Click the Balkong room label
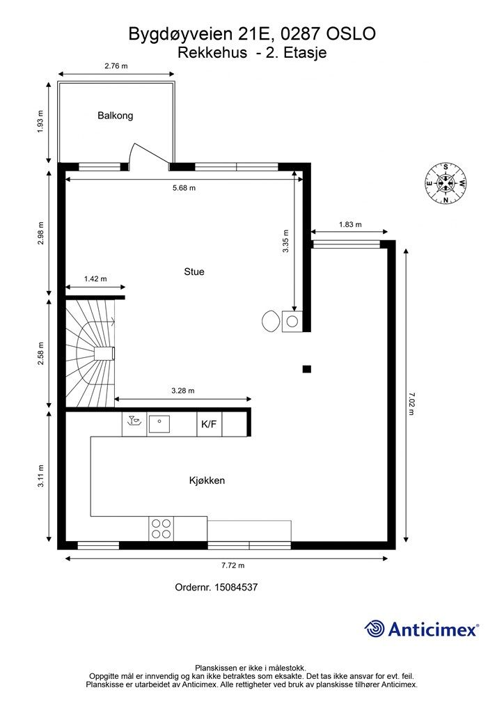pos(116,116)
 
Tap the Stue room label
pos(194,272)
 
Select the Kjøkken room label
pos(207,480)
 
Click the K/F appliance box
pos(209,424)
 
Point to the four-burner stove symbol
pos(162,529)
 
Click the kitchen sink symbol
pos(159,424)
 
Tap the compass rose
pos(446,183)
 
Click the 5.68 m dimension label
pos(184,188)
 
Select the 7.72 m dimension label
pos(233,565)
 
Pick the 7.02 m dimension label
pos(411,405)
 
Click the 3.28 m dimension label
pos(183,391)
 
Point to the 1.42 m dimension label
pos(95,279)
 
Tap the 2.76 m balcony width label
pos(116,66)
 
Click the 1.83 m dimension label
pos(350,224)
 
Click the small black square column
pos(307,369)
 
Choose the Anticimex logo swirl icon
pos(375,629)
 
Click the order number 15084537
pos(236,587)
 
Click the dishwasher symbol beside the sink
pos(134,424)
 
